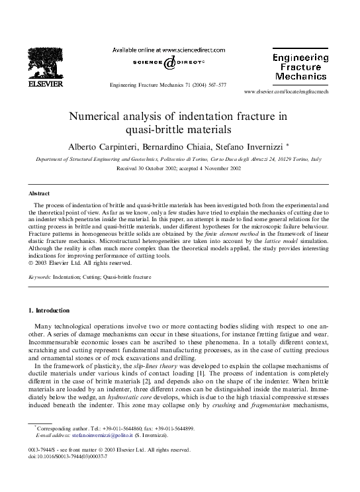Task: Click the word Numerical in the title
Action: click(x=106, y=115)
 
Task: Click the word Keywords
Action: click(x=42, y=279)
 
